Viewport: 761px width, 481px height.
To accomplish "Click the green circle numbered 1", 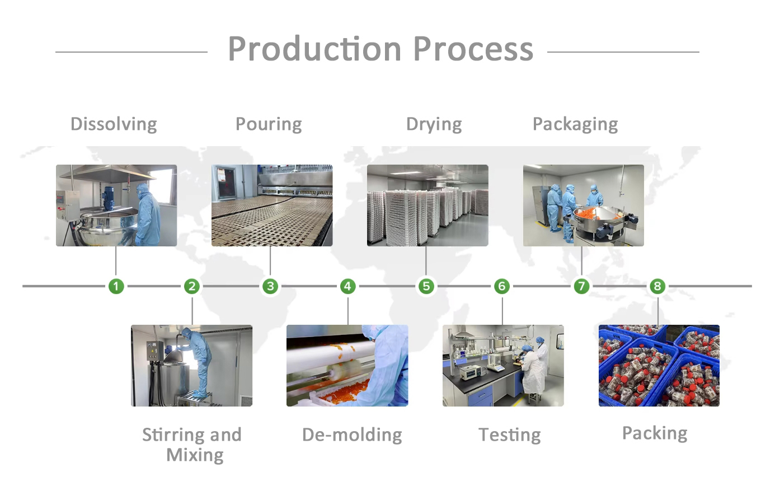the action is click(x=116, y=286).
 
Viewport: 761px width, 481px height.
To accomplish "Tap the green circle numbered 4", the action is click(x=347, y=286).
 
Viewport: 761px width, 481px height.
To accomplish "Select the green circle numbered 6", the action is click(x=502, y=286).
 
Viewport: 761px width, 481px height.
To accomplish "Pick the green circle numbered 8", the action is click(x=657, y=286).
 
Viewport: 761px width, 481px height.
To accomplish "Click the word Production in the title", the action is click(x=314, y=49).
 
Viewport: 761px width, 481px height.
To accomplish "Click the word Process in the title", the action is click(x=473, y=49).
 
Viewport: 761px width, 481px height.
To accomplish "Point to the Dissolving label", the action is click(x=114, y=124).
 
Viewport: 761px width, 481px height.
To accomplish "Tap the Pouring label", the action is click(x=269, y=124).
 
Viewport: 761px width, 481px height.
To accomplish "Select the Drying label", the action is click(x=434, y=124).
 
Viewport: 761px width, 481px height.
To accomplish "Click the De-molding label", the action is click(x=352, y=435).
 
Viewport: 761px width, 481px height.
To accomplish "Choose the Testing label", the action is click(x=509, y=435).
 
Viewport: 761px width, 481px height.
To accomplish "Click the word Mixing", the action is click(x=195, y=455).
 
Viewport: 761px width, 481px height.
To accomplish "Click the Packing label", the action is click(x=655, y=433).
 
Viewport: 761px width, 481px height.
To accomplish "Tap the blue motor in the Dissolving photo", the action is click(x=109, y=198).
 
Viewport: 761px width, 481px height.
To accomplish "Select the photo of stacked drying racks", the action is click(x=428, y=206).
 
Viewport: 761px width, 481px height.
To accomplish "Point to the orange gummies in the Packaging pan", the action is click(x=590, y=213).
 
